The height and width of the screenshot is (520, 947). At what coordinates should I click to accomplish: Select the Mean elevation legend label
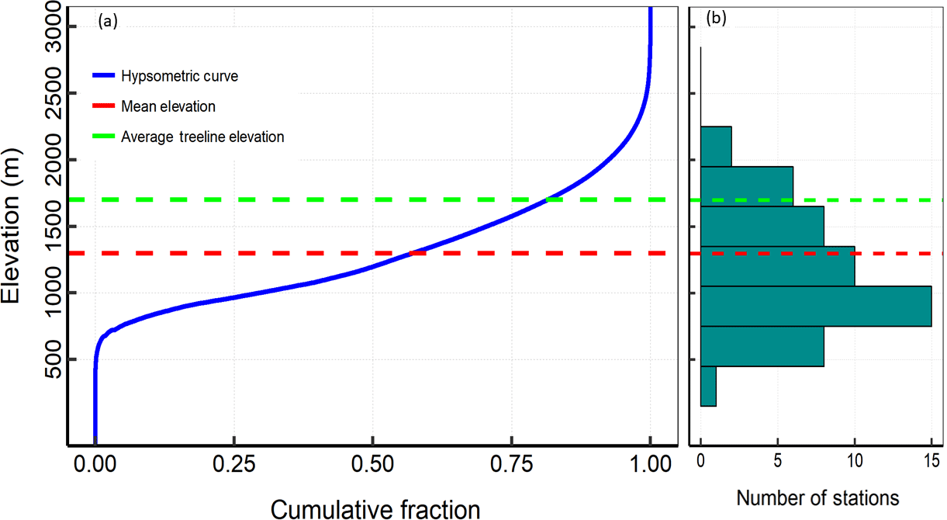point(168,106)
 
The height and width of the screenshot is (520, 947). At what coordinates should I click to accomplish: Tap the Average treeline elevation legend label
point(202,137)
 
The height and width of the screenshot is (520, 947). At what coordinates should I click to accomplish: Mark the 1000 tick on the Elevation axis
point(52,293)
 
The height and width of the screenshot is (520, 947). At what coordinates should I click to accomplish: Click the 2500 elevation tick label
point(52,93)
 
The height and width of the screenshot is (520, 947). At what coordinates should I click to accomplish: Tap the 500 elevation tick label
point(52,359)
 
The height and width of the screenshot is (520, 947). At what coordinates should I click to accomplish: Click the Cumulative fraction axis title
point(375,508)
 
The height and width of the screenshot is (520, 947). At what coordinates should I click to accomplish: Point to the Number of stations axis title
point(817,497)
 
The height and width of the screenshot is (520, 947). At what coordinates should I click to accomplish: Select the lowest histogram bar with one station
point(708,386)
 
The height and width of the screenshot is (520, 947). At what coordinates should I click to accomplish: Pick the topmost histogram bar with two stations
point(716,146)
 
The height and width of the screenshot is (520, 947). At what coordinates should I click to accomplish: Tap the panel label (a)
point(107,22)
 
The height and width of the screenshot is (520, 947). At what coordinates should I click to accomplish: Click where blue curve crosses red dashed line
point(411,253)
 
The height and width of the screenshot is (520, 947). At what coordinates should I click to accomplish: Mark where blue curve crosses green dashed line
point(548,200)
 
